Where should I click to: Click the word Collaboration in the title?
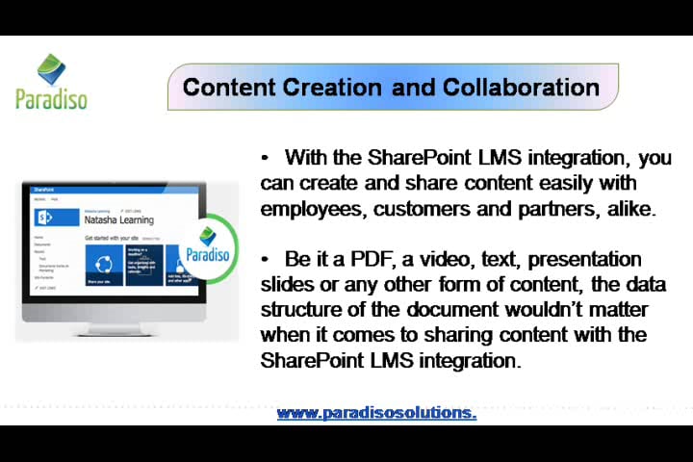point(521,88)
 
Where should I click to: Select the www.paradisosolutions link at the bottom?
point(376,413)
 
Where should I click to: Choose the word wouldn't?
point(556,310)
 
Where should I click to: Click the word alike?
point(631,209)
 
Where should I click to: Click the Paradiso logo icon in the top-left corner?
point(51,69)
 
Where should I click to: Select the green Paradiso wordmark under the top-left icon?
point(51,97)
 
